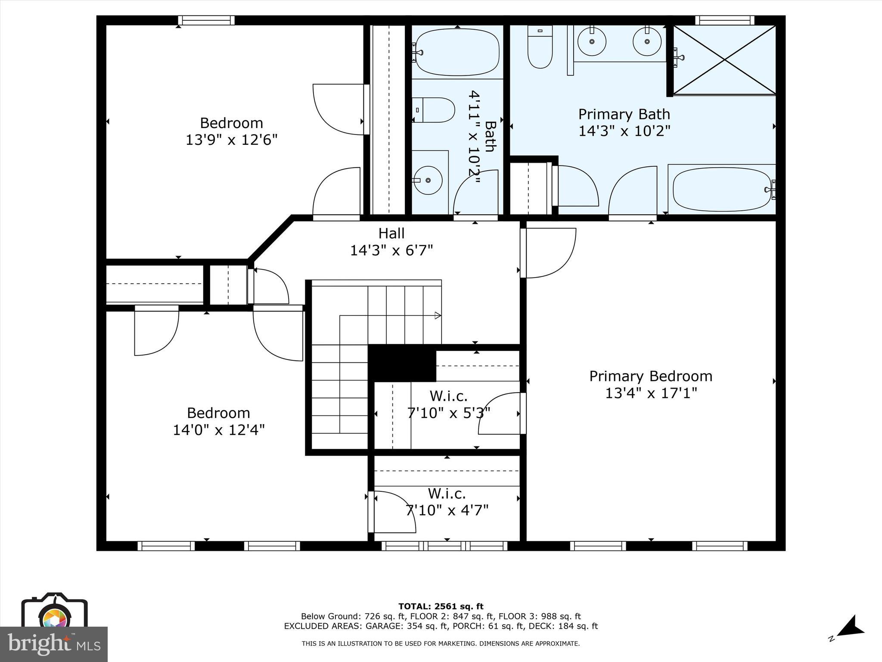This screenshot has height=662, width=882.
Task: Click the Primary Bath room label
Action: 624,114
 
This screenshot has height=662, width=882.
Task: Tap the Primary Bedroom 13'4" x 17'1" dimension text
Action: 651,393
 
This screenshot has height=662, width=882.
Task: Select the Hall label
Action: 391,233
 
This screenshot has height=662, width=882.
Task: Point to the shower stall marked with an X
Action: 724,59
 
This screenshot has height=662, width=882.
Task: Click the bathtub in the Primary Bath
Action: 721,189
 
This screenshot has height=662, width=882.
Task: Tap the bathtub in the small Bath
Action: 457,52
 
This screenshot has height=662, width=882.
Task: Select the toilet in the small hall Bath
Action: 434,110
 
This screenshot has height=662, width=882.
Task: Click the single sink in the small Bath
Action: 429,180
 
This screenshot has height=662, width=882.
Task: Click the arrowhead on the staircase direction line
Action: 438,315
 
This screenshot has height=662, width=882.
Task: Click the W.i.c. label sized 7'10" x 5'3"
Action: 448,396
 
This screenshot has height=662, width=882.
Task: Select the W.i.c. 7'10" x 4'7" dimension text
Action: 447,510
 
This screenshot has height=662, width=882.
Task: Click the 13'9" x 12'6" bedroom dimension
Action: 231,140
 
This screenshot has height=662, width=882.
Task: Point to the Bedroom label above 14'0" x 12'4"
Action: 218,413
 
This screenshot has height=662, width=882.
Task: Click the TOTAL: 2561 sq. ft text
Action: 441,606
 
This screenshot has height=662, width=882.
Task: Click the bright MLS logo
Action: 54,644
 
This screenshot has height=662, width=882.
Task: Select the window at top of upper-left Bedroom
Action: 206,20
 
